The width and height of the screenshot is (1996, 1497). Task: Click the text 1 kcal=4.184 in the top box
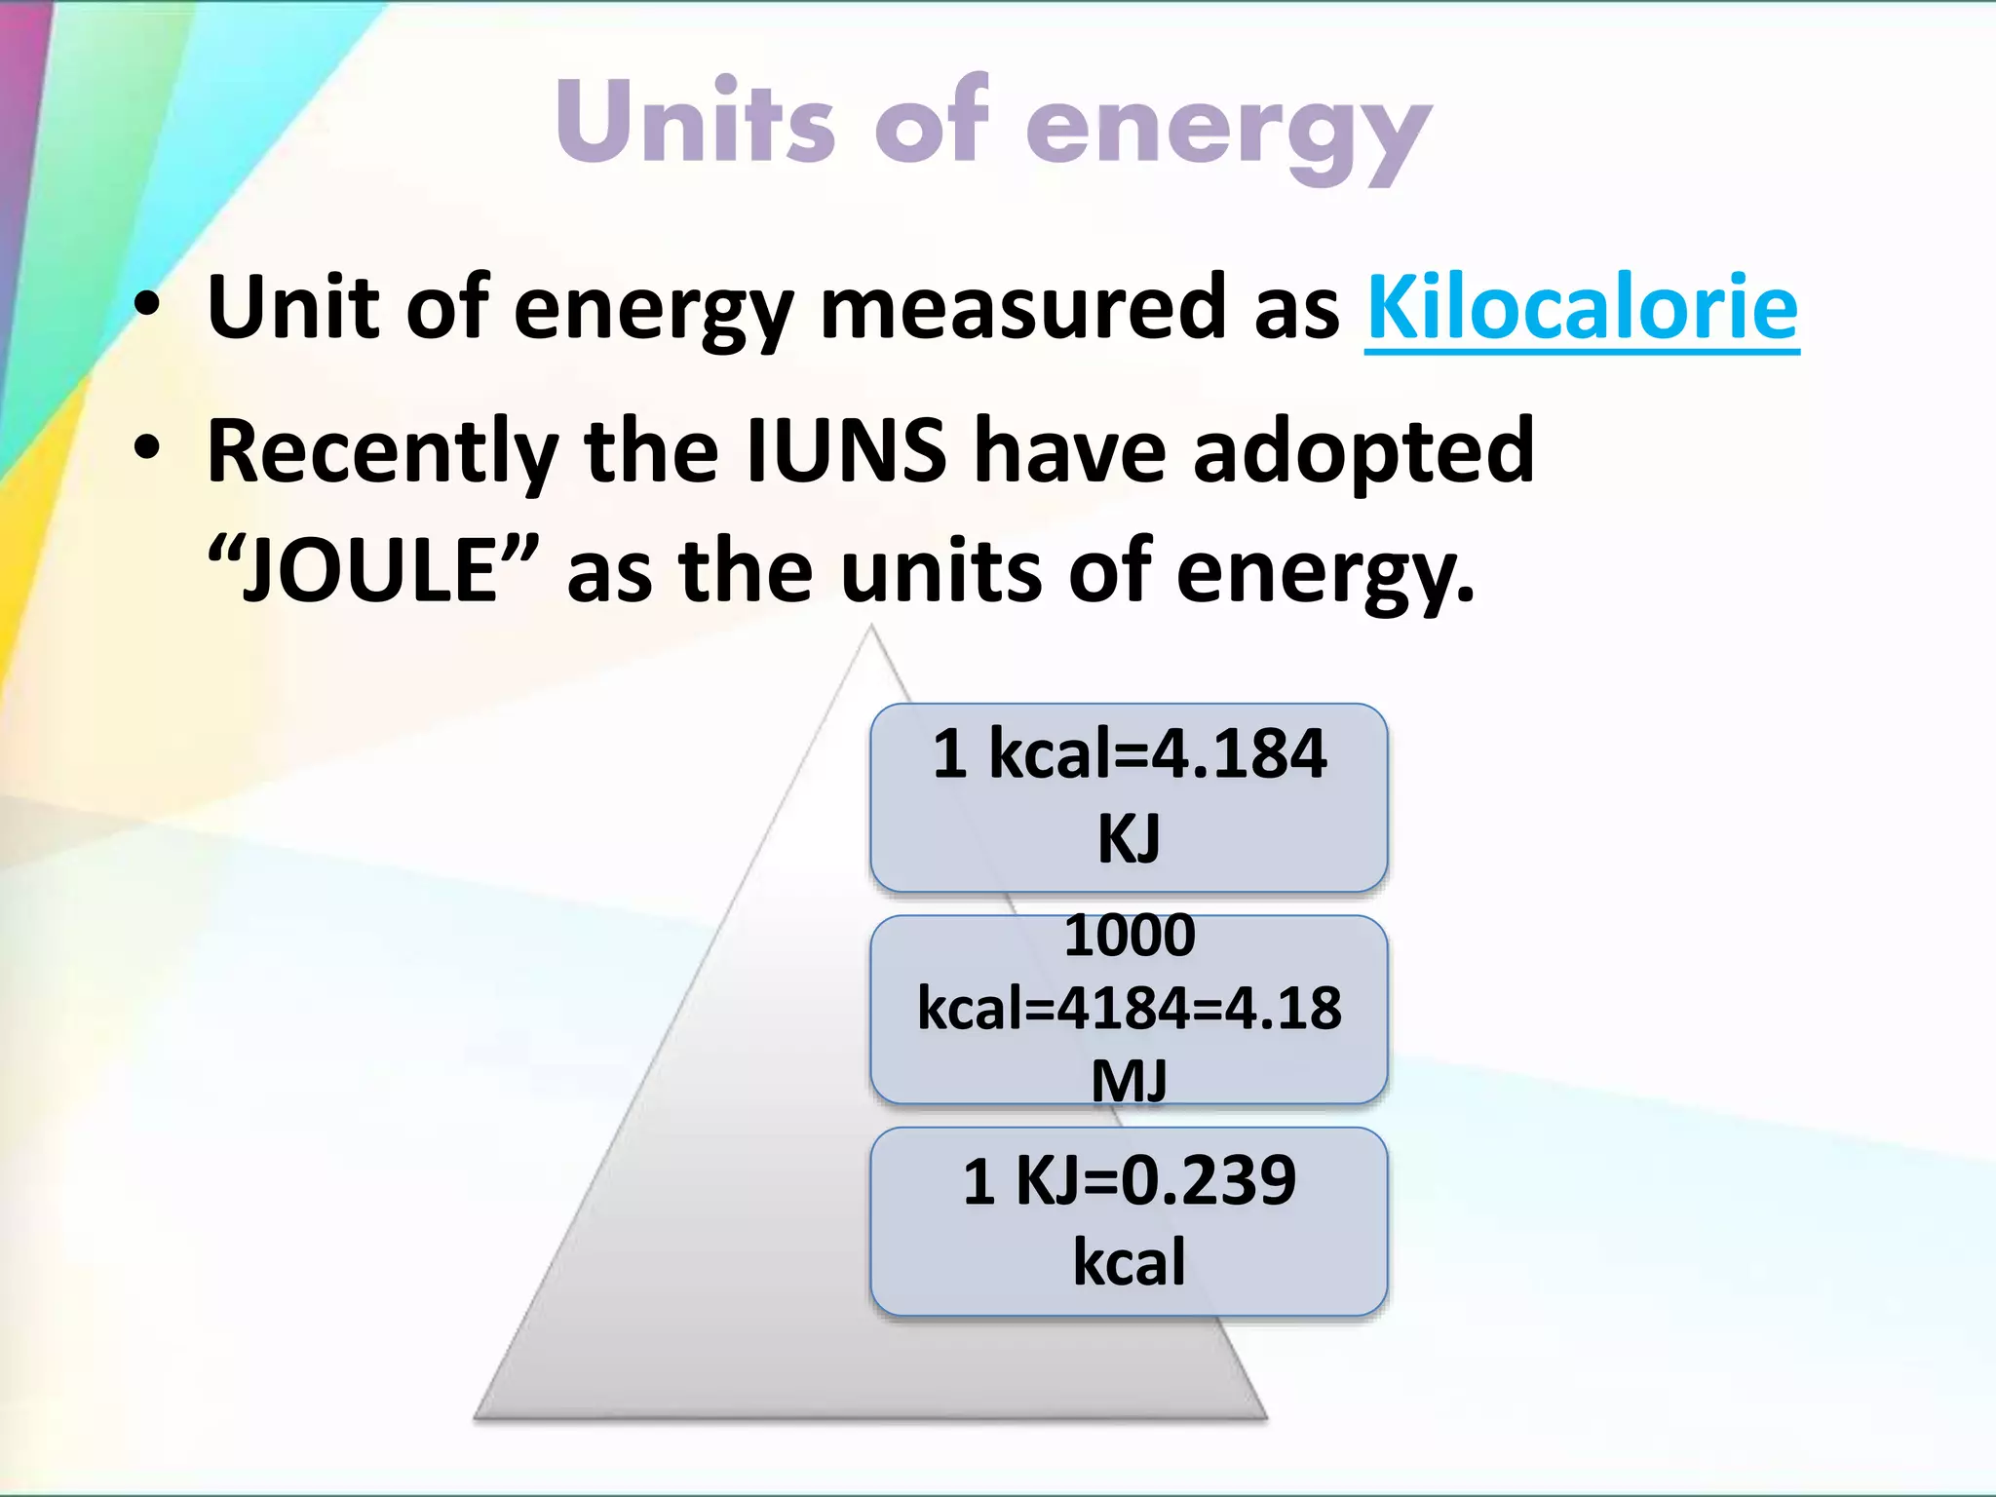pos(1129,754)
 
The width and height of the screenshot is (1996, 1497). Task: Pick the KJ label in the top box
pos(1129,839)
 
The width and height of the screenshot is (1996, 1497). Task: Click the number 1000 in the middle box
pos(1129,935)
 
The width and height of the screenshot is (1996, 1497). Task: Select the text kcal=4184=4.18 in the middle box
pos(1129,1009)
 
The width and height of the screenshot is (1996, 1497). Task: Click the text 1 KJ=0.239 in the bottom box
pos(1129,1180)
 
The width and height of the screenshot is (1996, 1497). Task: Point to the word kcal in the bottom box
pos(1129,1262)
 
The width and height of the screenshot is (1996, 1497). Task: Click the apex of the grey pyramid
pos(871,630)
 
